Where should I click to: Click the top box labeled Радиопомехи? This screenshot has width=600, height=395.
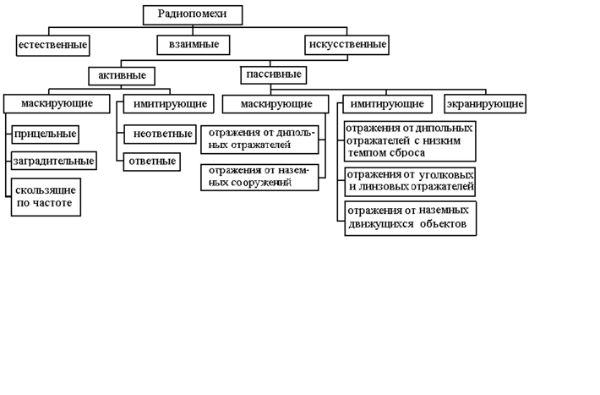tap(193, 14)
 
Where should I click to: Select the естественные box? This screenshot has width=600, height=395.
tap(52, 44)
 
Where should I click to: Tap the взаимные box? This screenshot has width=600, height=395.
tap(193, 44)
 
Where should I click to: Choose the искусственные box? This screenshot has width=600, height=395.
tap(346, 44)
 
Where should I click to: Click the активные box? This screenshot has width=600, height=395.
tap(122, 75)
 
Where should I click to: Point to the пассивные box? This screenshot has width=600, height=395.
tap(273, 74)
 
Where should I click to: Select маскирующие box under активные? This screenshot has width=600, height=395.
tap(57, 104)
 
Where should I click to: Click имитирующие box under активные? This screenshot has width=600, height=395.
tap(166, 104)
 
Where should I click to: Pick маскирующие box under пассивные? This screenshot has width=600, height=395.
tap(275, 104)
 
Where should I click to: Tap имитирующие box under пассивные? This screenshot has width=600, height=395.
tap(388, 104)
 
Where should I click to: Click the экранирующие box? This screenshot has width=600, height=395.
tap(485, 104)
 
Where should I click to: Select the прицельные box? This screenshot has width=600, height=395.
tap(46, 134)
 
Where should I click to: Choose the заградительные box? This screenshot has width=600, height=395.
tap(52, 161)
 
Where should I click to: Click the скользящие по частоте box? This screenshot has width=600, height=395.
tap(46, 197)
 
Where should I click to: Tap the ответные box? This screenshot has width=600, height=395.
tap(151, 161)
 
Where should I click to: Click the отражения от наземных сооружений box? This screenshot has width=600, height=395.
tap(259, 177)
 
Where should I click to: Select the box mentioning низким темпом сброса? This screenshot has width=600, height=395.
tap(410, 140)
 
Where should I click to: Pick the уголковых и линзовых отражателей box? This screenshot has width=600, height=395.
tap(410, 181)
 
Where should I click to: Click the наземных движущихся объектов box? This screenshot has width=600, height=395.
tap(410, 217)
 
